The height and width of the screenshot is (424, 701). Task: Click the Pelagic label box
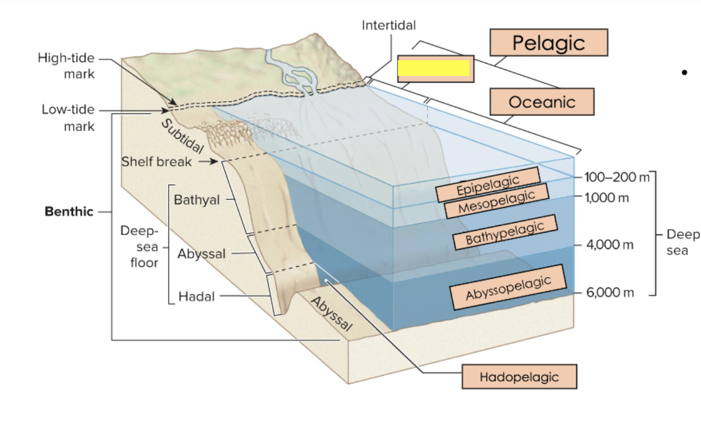click(548, 43)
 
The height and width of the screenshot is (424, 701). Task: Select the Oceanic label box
click(542, 102)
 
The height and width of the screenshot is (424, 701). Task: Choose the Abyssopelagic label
click(508, 287)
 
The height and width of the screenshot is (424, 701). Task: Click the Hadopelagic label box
click(519, 377)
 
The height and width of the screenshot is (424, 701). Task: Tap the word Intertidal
click(388, 25)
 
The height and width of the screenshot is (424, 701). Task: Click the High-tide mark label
click(66, 66)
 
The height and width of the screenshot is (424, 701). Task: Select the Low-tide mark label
click(68, 118)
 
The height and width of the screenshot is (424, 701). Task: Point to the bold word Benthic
click(69, 211)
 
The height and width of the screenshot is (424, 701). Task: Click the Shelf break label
click(156, 161)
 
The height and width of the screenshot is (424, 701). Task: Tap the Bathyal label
click(197, 200)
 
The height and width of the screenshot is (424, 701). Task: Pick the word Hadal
click(197, 296)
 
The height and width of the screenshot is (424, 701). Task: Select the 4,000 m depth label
click(610, 245)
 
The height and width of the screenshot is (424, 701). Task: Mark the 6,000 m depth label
click(610, 293)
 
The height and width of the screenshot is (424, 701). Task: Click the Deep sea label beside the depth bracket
click(682, 242)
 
